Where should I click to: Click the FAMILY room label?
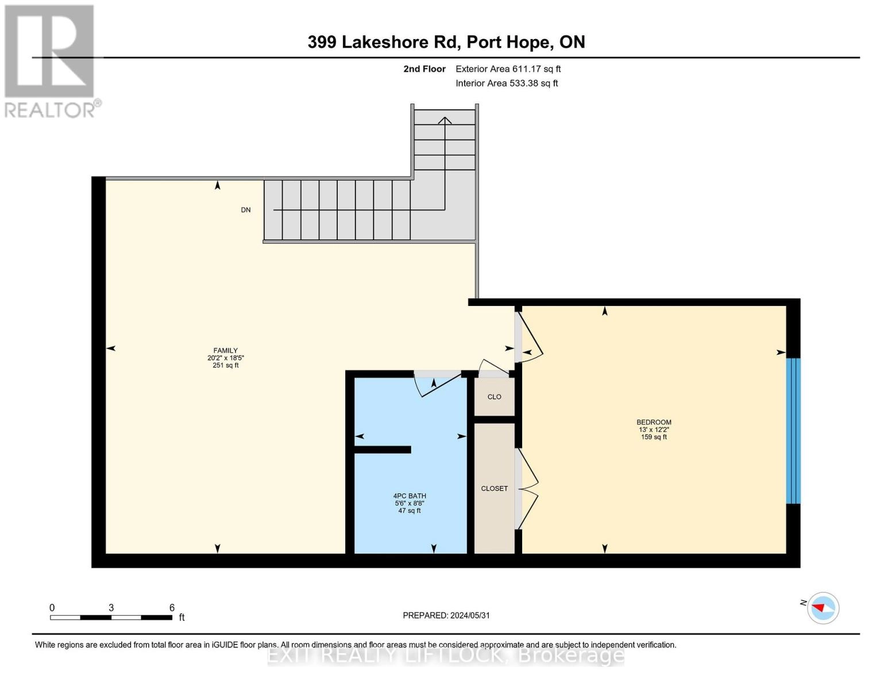point(225,350)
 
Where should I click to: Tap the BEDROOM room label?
point(654,422)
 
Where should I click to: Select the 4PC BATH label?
point(410,496)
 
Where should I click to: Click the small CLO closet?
point(494,397)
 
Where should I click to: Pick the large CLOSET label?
point(494,488)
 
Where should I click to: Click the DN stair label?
point(246,210)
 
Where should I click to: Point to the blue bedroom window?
point(793,431)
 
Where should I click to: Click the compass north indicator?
point(823,607)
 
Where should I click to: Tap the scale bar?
point(111,618)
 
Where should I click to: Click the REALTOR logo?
point(50,60)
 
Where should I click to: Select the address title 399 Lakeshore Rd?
point(446,42)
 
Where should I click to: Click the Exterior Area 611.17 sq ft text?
point(508,69)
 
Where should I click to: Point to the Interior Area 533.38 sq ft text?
point(507,83)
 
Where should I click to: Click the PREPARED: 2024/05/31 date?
point(446,615)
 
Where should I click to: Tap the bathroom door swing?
point(439,385)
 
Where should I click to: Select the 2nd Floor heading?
point(424,69)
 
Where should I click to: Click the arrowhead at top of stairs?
point(445,120)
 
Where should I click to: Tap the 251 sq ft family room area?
point(225,365)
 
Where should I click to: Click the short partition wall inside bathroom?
point(382,450)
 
